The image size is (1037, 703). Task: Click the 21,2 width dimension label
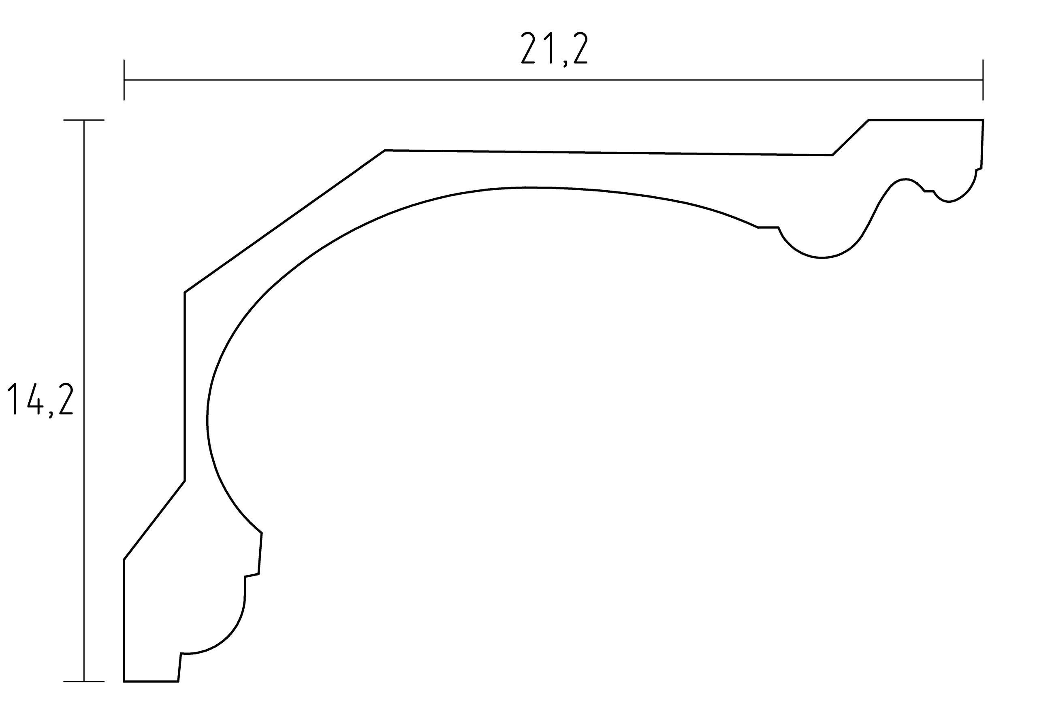tap(554, 49)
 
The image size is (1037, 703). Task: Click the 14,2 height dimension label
tap(40, 399)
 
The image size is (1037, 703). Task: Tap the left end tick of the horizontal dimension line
tap(124, 80)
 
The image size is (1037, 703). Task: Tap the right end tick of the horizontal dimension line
tap(983, 80)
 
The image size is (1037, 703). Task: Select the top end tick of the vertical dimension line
tap(84, 120)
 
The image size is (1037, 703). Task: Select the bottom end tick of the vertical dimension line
tap(84, 682)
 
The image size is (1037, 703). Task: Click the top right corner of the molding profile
tap(983, 120)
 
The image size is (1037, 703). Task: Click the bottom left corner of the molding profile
tap(124, 682)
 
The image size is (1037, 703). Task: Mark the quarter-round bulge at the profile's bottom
tap(228, 633)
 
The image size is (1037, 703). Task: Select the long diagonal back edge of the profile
tap(285, 221)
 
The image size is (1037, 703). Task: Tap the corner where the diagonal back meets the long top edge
tap(385, 150)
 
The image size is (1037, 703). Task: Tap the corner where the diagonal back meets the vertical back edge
tap(185, 293)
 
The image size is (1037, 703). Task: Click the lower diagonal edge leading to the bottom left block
tap(154, 520)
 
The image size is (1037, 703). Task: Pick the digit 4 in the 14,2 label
tap(34, 399)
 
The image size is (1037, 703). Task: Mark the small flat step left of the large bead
tap(768, 227)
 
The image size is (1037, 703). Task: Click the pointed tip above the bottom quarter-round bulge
tap(262, 533)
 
